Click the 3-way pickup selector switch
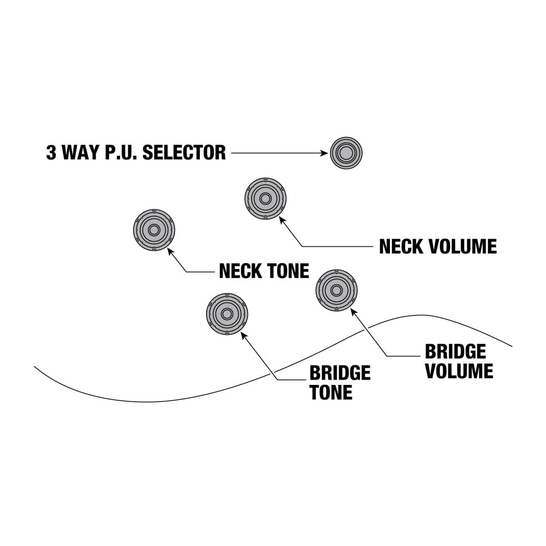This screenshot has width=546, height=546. (346, 153)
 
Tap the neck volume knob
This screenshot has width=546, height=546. (265, 199)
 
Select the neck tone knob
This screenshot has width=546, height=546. (154, 230)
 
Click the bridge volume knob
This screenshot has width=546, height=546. (336, 290)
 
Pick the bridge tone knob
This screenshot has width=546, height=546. (227, 314)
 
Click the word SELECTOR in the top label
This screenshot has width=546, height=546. (184, 153)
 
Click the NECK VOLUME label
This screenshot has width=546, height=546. (438, 247)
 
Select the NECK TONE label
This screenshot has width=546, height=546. (264, 271)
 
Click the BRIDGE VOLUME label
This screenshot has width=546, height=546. (458, 361)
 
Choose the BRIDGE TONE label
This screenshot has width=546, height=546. (339, 383)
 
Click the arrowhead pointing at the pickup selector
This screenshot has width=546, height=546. (324, 153)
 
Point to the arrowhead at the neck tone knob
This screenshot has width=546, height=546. (171, 251)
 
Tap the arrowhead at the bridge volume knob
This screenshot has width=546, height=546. (353, 311)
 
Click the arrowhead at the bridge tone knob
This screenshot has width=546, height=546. (243, 334)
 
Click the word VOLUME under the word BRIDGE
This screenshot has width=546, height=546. (459, 371)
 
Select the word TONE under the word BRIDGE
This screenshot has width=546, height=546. (331, 392)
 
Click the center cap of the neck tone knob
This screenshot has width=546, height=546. (154, 230)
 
